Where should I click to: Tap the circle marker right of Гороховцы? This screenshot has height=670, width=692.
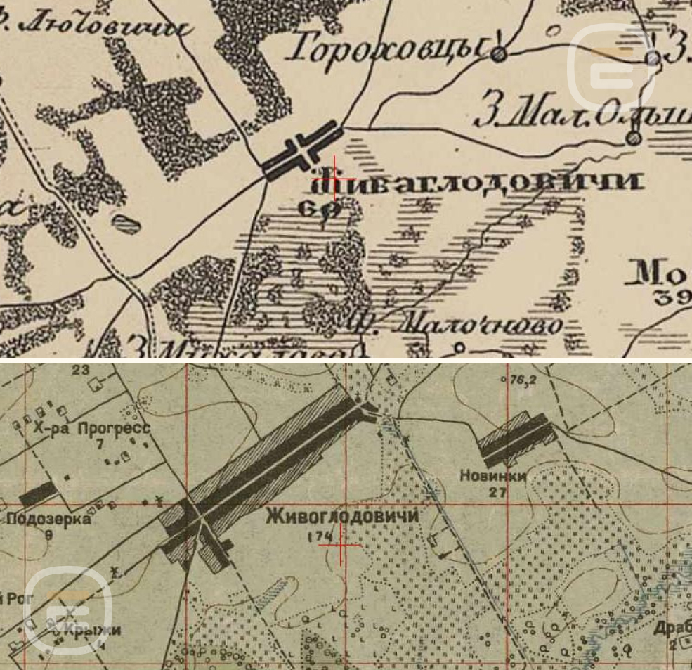pos(499,53)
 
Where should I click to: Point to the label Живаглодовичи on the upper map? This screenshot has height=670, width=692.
pos(478,183)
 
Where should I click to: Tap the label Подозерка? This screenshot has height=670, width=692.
pos(49,520)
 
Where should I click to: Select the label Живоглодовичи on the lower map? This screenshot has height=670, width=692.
pos(343,517)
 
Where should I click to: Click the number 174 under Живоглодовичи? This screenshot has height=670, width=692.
pos(320,536)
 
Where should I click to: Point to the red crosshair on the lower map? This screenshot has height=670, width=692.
pos(340,544)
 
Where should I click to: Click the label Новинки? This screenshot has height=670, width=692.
pos(493,477)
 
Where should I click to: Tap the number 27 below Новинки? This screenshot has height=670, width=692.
pos(498,492)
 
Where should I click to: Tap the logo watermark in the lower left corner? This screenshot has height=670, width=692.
pos(68,609)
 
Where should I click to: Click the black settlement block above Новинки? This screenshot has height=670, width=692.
pos(516,436)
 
